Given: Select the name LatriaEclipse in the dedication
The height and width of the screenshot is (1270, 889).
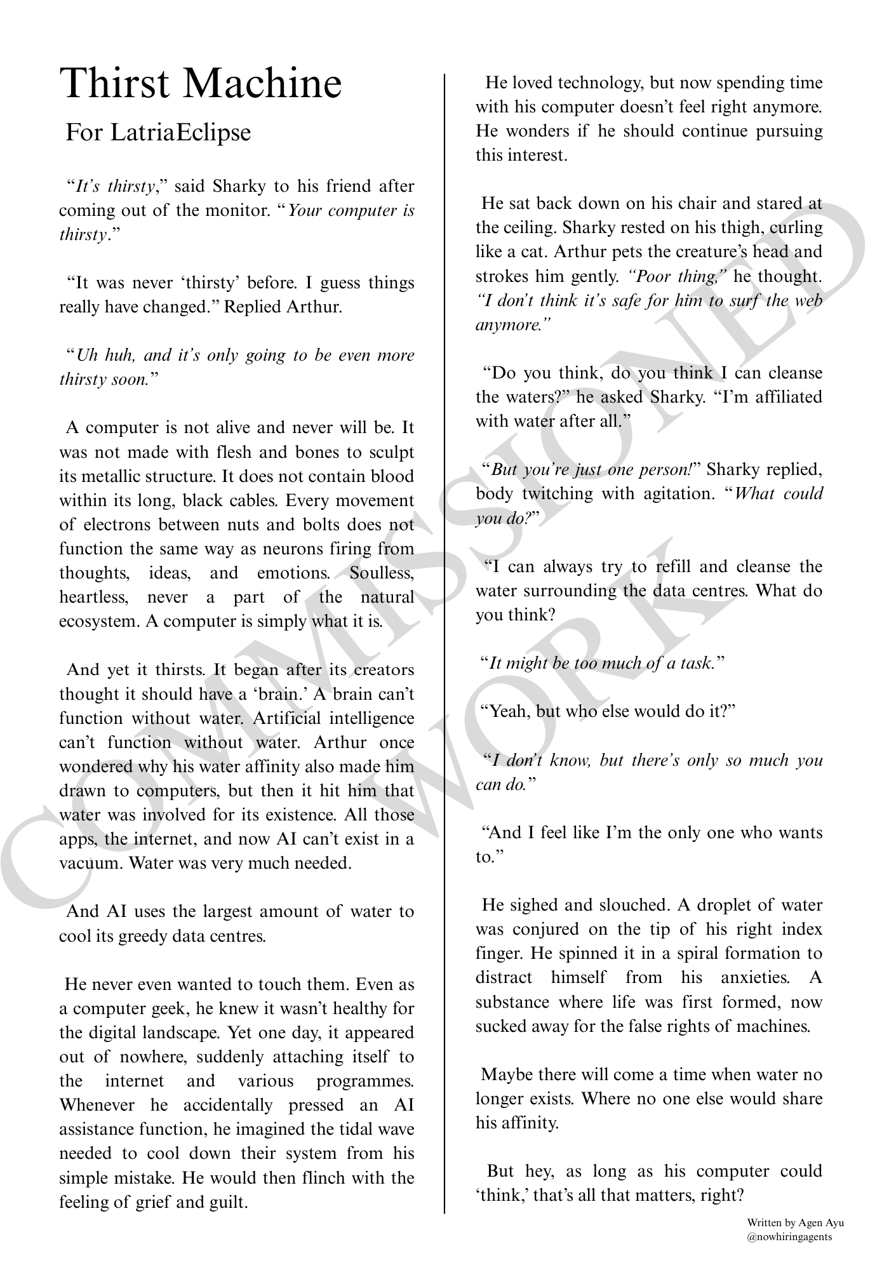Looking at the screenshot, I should click(x=180, y=133).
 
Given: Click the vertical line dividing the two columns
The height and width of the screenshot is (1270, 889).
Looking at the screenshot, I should click(x=444, y=635).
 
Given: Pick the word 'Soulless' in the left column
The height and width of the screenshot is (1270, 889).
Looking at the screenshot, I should click(x=382, y=573).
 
